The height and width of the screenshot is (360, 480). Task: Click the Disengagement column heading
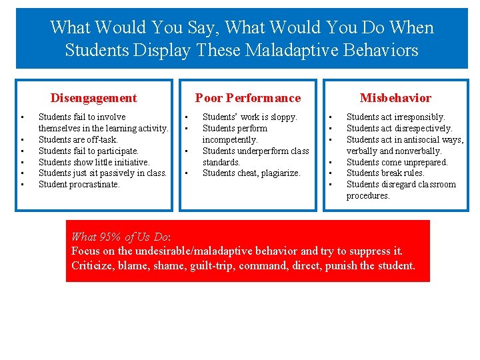pyautogui.click(x=93, y=98)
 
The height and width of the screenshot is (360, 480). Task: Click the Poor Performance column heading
pyautogui.click(x=247, y=98)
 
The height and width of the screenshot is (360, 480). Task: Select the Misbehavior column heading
pyautogui.click(x=395, y=98)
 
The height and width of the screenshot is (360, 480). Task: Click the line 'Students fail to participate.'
pyautogui.click(x=89, y=151)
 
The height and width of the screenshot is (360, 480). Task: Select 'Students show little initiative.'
pyautogui.click(x=94, y=162)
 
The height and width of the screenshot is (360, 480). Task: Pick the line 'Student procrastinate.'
pyautogui.click(x=79, y=185)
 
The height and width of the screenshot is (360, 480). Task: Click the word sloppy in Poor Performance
pyautogui.click(x=283, y=117)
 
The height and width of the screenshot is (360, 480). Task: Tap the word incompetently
pyautogui.click(x=230, y=139)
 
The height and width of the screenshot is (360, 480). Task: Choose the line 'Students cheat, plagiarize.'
pyautogui.click(x=251, y=173)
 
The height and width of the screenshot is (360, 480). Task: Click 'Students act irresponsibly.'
pyautogui.click(x=395, y=117)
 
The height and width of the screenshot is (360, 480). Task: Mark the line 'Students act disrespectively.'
pyautogui.click(x=399, y=128)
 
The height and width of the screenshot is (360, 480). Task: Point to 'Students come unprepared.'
pyautogui.click(x=397, y=162)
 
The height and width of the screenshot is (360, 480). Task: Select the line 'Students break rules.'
pyautogui.click(x=386, y=173)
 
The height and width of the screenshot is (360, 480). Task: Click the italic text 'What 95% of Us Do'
pyautogui.click(x=120, y=237)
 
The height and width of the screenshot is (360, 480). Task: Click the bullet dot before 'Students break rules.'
pyautogui.click(x=330, y=173)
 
